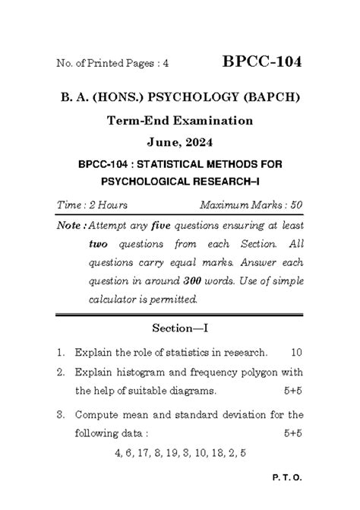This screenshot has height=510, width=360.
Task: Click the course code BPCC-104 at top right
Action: (262, 62)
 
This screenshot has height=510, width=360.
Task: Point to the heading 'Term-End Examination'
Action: (179, 120)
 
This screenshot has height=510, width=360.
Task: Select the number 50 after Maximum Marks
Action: (296, 205)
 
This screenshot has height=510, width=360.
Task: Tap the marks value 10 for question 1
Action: (296, 352)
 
